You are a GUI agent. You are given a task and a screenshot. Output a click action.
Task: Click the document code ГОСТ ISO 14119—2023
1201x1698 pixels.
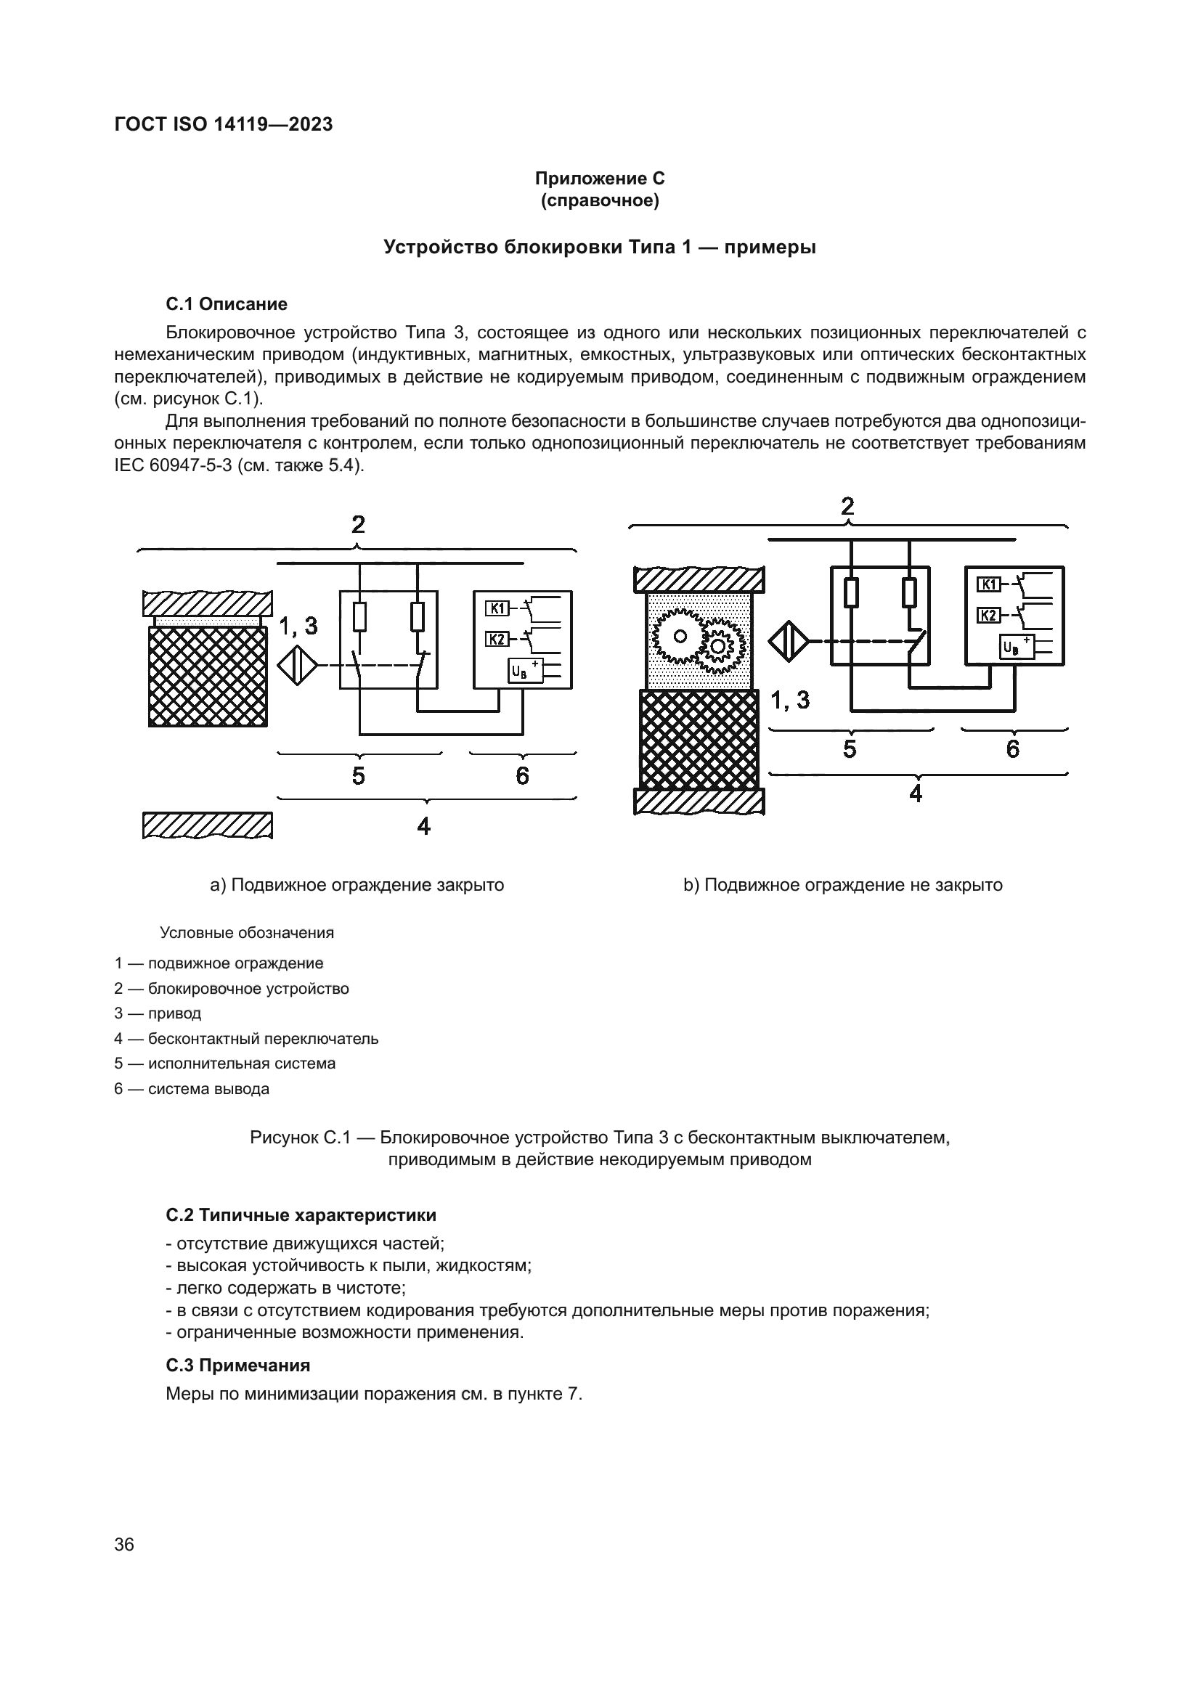(224, 124)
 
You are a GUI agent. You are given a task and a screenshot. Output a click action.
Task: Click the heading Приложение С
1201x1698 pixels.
(599, 179)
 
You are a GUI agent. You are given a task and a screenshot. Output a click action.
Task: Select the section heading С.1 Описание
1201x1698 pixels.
(227, 304)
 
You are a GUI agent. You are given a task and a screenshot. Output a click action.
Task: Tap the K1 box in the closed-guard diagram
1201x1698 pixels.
(496, 608)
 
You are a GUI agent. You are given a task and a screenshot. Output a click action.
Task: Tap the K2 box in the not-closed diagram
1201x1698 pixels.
(989, 615)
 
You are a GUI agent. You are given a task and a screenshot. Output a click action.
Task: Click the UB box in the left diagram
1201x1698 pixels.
(518, 672)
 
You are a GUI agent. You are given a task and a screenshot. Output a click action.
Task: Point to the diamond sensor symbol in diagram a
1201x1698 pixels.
(297, 666)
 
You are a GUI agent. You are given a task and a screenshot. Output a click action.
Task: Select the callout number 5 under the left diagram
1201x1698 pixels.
(359, 776)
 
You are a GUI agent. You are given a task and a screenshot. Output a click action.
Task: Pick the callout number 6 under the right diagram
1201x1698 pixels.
(1012, 749)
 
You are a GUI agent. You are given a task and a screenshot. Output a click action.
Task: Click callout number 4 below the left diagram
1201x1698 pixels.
(424, 825)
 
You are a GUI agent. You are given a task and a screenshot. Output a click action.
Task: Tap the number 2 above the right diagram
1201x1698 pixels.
(847, 507)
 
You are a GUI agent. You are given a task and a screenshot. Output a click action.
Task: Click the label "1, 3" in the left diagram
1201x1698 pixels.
(298, 626)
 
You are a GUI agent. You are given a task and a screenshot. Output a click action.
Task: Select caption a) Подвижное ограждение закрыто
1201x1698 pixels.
(357, 885)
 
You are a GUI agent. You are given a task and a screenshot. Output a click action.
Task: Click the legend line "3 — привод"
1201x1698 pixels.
(158, 1013)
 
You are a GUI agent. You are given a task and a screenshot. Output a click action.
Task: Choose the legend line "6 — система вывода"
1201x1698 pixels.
(192, 1089)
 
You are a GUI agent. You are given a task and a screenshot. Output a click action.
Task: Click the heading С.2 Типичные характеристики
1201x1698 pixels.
(301, 1215)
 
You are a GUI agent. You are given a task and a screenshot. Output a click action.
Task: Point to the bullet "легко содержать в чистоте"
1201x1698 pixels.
(286, 1288)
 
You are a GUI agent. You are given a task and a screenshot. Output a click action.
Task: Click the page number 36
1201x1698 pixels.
(124, 1544)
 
